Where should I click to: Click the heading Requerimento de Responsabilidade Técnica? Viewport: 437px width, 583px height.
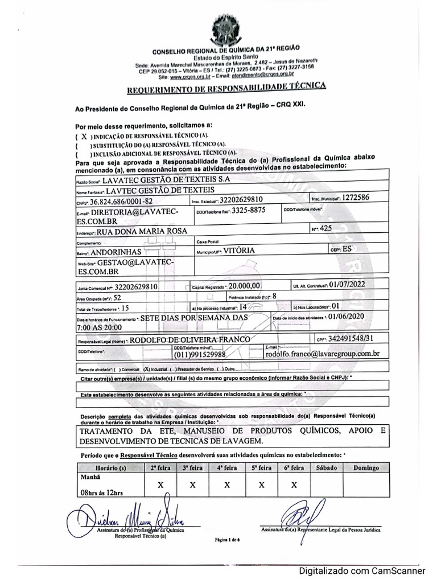(226, 87)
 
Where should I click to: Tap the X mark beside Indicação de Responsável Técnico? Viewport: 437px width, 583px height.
(84, 137)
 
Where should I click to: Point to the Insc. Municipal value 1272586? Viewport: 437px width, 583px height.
(356, 198)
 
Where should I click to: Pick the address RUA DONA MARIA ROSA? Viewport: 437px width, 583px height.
(143, 232)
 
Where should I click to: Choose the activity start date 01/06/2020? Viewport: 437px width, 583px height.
(349, 316)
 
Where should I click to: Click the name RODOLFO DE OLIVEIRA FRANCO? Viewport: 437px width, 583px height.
(191, 339)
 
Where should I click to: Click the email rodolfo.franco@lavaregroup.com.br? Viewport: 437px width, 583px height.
(323, 353)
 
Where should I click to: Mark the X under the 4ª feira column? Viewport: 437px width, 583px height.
(226, 485)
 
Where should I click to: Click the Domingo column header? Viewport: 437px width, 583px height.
(366, 467)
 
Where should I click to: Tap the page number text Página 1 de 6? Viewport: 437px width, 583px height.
(228, 539)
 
